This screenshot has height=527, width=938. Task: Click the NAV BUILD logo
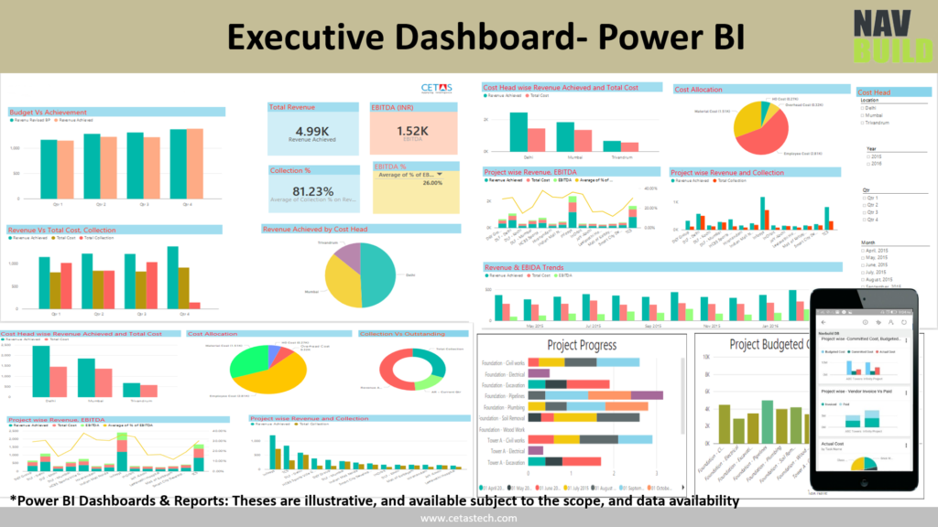[879, 37]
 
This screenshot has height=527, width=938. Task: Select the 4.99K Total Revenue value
[311, 131]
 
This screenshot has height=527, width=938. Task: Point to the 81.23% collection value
[312, 191]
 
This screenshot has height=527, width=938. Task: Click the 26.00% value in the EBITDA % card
[431, 183]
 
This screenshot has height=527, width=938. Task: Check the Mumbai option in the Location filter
[875, 115]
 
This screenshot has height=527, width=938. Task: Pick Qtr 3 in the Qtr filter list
[872, 212]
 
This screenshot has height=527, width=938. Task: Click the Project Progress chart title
[582, 345]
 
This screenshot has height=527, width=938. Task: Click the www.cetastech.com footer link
[468, 519]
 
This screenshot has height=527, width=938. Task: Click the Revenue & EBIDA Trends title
[525, 267]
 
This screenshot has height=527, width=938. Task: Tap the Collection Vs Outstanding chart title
[402, 334]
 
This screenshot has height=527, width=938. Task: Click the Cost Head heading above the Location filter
[873, 92]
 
